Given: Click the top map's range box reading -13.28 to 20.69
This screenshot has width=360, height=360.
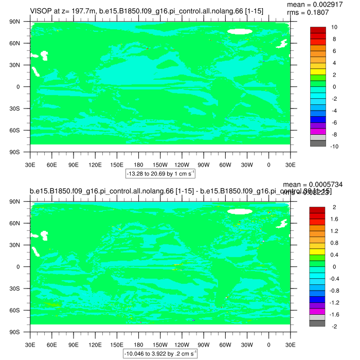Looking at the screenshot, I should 160,174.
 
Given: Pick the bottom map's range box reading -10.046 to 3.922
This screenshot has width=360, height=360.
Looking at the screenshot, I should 159,354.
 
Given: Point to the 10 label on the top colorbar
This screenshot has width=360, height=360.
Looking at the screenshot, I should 334,27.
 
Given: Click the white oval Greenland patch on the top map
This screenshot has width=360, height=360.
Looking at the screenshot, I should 240,31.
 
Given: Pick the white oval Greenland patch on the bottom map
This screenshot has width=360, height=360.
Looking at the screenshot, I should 240,211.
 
